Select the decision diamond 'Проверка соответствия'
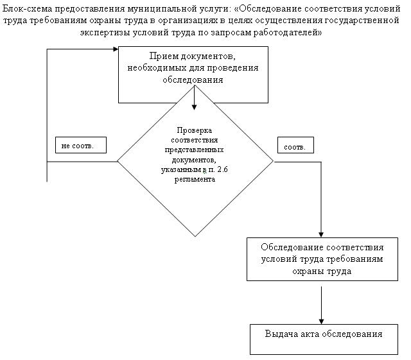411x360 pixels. coord(195,160)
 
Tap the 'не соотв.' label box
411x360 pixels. coord(78,146)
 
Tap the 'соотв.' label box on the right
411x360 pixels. coord(293,146)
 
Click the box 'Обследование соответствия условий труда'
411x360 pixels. coord(322,259)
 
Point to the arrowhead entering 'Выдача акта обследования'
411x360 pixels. coord(321,320)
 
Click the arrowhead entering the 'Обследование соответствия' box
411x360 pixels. coord(321,234)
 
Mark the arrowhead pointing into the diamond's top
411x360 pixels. coord(195,106)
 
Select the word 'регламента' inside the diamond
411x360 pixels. coord(195,180)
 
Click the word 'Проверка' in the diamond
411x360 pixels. coord(195,130)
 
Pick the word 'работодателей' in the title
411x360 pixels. coord(290,31)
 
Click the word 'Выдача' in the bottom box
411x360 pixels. coord(280,334)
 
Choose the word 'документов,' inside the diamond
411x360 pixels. coord(195,160)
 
